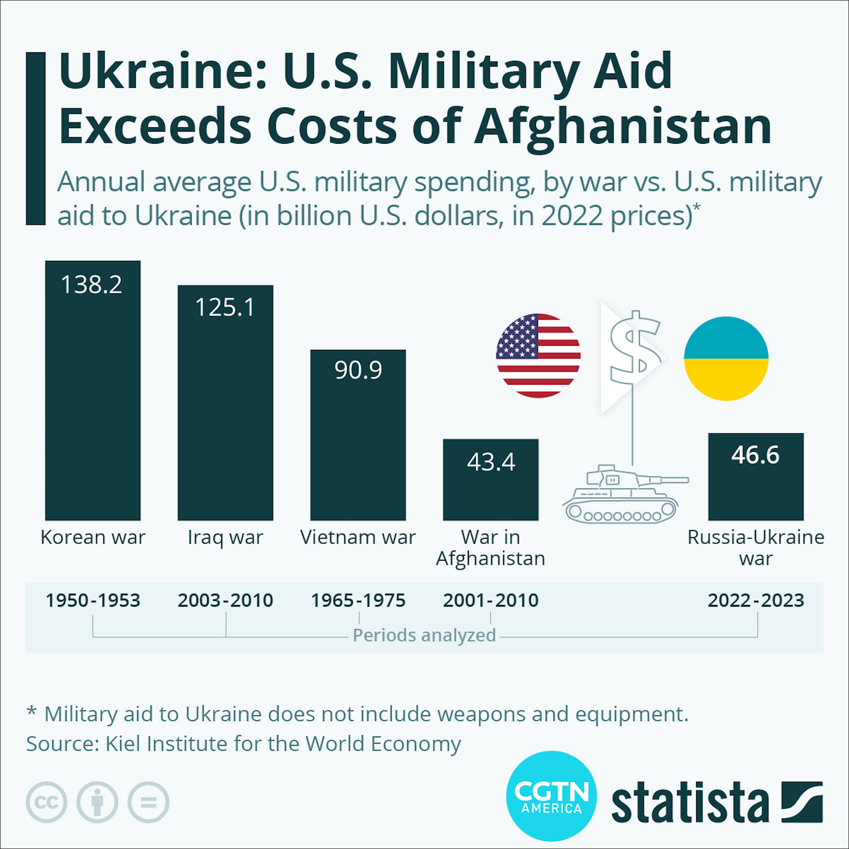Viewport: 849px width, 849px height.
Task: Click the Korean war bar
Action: coord(93,398)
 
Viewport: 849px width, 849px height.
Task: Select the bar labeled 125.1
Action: coord(226,411)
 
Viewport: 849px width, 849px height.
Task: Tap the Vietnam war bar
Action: coord(358,442)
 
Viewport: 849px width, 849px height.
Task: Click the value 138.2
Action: coord(92,284)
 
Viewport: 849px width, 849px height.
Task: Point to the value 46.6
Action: coord(755,455)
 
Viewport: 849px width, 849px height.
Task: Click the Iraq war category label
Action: coord(226,538)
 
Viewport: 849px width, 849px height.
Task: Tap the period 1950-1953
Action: coord(93,600)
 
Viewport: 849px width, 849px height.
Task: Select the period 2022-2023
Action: coord(756,600)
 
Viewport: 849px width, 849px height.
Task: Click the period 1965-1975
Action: coord(358,600)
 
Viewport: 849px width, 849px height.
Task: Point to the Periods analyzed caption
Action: coord(424,635)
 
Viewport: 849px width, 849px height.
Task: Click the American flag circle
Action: coord(538,356)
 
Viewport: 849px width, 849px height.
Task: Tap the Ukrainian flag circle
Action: coord(726,359)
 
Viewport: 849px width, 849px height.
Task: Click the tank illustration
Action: coord(623,495)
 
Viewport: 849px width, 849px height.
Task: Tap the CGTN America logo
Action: coord(551,796)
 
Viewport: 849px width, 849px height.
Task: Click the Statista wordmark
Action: coord(690,803)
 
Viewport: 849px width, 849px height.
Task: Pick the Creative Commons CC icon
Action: coord(46,802)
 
